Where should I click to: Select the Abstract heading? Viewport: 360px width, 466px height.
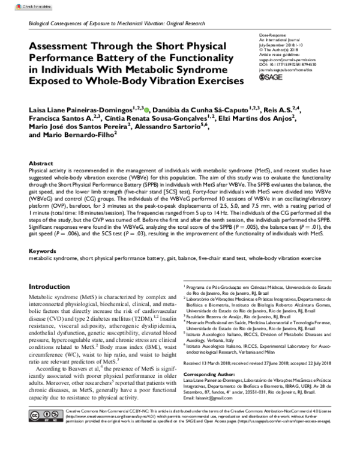[x=41, y=163]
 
